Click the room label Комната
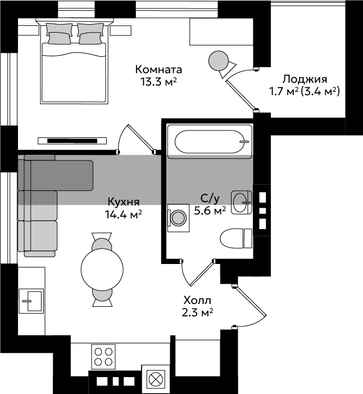click(x=158, y=70)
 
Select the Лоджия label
click(x=305, y=80)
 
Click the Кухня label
click(x=124, y=202)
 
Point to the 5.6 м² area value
click(x=210, y=211)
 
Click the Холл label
click(x=197, y=300)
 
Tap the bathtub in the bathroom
click(x=210, y=141)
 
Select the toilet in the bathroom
click(x=236, y=238)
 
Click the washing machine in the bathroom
click(x=178, y=218)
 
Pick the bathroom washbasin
click(x=241, y=202)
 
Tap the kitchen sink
click(x=31, y=301)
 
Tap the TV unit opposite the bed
click(x=72, y=141)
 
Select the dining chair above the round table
click(x=102, y=241)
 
